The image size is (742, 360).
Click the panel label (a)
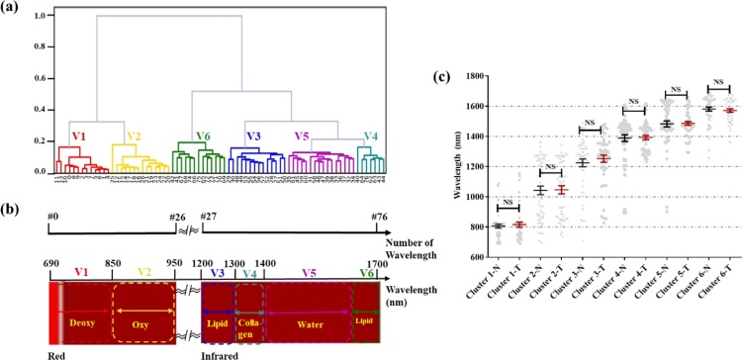(13, 8)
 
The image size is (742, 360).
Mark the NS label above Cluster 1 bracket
(510, 201)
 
